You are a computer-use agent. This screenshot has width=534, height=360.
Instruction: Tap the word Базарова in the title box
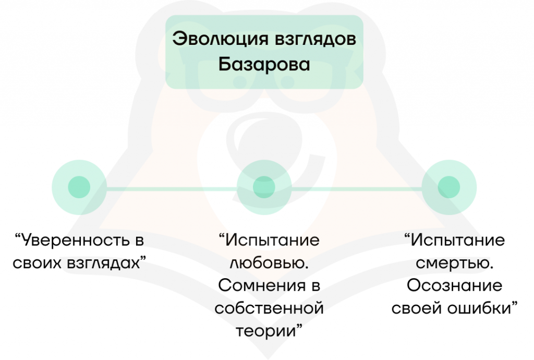pos(264,65)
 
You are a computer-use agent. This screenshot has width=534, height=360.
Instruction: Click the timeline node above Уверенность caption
pos(79,187)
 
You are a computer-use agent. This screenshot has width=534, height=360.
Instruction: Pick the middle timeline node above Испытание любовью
pos(264,187)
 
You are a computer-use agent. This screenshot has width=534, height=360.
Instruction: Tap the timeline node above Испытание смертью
pos(448,187)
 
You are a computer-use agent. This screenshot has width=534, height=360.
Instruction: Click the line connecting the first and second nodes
pos(172,187)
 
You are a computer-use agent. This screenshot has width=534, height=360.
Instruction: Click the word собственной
pos(269,308)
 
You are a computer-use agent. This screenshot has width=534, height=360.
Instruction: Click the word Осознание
pos(454,286)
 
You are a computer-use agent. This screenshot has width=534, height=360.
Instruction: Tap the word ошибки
pos(480,308)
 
